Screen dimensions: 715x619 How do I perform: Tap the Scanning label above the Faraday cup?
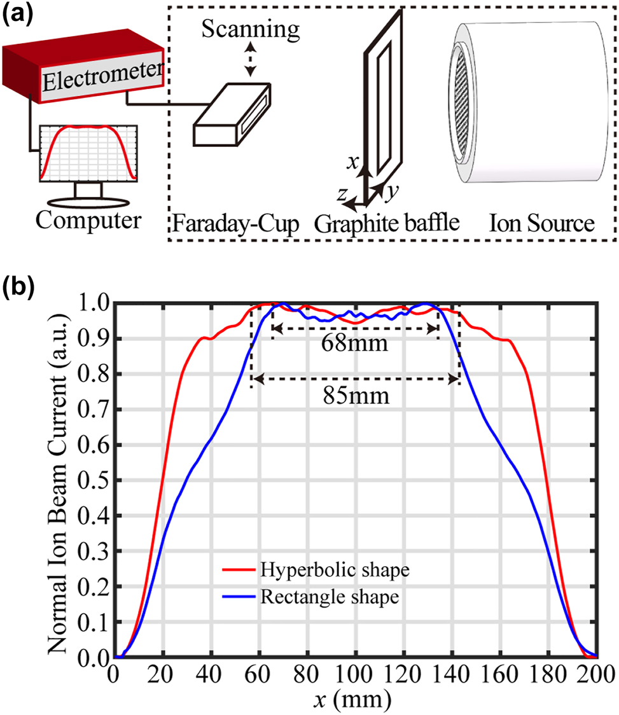(x=247, y=29)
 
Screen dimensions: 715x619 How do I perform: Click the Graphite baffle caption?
(x=387, y=223)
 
